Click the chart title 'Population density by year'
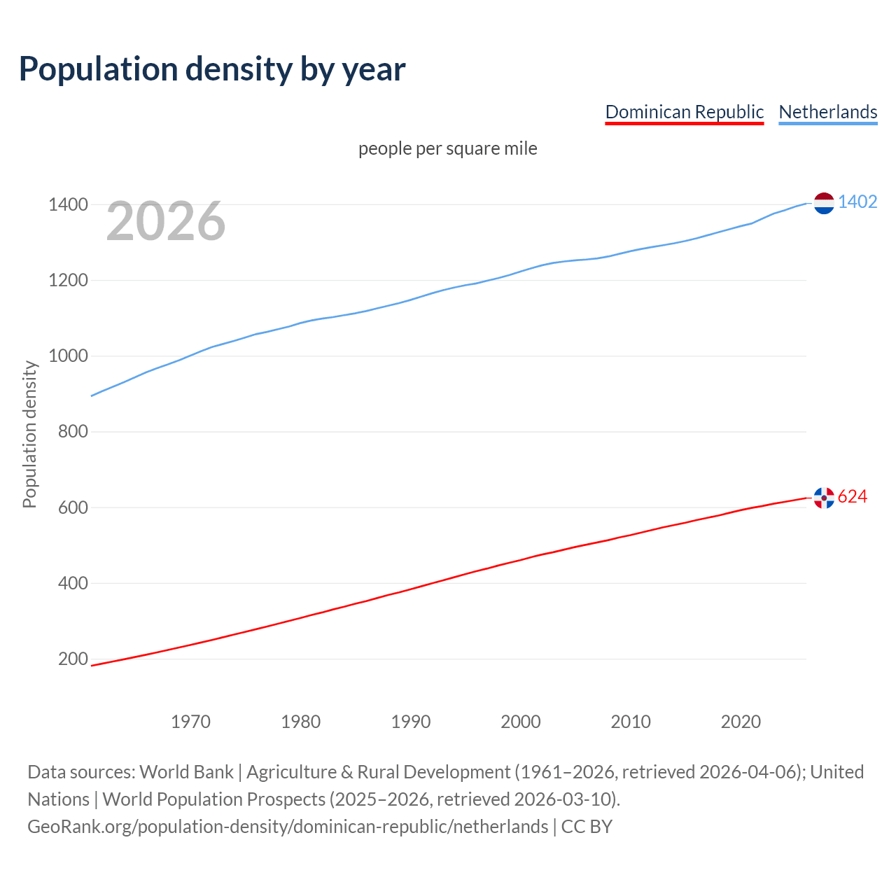point(212,69)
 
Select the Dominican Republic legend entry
point(684,112)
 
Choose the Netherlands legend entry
point(827,112)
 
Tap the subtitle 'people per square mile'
point(447,148)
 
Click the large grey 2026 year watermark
point(166,221)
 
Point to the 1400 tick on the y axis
point(68,205)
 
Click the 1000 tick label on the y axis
point(68,356)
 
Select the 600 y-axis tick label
point(73,507)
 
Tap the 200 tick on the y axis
point(73,659)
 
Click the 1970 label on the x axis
point(190,722)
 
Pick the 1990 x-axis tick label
point(411,722)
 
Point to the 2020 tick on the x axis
point(741,722)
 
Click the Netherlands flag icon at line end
point(824,203)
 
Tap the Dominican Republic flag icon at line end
point(824,498)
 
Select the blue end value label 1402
point(857,202)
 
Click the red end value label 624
point(853,496)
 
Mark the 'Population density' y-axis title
point(29,434)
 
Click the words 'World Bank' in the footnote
point(186,772)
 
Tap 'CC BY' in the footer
point(587,827)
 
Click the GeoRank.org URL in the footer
point(288,827)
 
